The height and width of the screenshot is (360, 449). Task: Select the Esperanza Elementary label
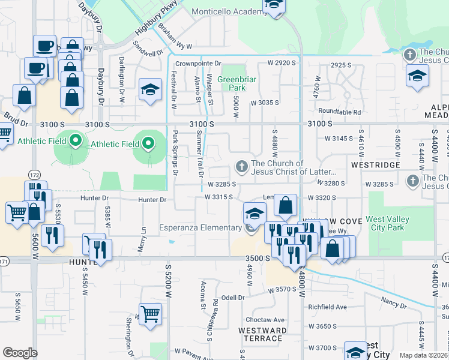200,228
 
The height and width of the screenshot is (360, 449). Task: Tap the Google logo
20,353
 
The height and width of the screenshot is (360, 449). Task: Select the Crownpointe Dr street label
198,63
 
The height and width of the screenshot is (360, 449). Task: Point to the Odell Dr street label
233,298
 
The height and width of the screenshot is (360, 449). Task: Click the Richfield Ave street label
328,307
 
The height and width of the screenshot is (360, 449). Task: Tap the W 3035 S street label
265,103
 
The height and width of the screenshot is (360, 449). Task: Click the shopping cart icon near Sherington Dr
150,314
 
